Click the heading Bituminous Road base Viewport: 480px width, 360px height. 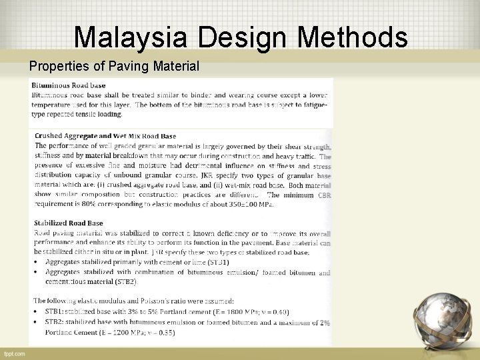[69, 86]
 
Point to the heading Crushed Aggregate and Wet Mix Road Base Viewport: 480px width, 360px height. [105, 136]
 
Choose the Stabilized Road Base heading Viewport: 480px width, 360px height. [69, 223]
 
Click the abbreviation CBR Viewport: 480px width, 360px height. [324, 195]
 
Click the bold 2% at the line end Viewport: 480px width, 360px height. [325, 322]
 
